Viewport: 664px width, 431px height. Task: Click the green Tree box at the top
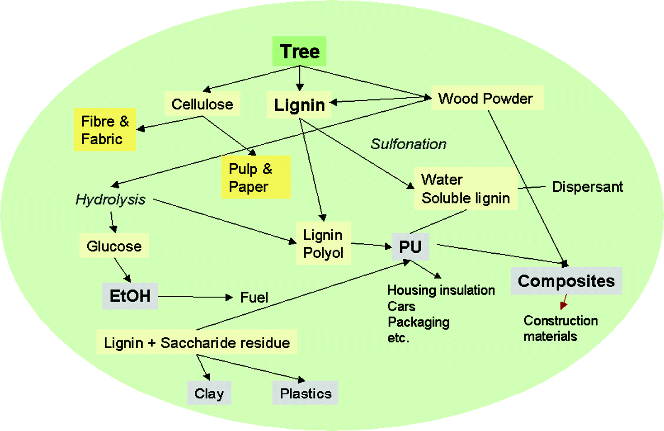coord(299,51)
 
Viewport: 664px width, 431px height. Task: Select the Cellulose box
coord(202,104)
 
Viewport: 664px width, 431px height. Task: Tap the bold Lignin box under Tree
coord(299,105)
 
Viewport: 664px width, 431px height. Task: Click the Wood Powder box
coord(487,98)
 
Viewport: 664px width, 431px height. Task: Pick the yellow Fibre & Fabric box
coord(105,130)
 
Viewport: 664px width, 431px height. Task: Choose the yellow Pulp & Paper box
coord(255,177)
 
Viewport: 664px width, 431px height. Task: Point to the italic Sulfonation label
coord(408,144)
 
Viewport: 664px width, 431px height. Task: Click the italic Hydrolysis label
coord(110,199)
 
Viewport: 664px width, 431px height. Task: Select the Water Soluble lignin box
coord(466,189)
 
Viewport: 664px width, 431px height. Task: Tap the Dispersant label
coord(587,187)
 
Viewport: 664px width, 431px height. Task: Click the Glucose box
coord(114,246)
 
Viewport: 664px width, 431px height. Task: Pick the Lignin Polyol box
coord(323,243)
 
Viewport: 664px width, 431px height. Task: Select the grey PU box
coord(410,247)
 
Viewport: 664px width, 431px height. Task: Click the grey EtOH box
coord(130,296)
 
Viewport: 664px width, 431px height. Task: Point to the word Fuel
coord(254,297)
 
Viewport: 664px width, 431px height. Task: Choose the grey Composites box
coord(566,281)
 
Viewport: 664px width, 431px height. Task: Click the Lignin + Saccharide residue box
coord(197,342)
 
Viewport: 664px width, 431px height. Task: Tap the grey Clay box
coord(209,393)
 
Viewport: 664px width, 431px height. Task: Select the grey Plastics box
coord(306,393)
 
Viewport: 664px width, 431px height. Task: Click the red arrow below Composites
coord(563,302)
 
